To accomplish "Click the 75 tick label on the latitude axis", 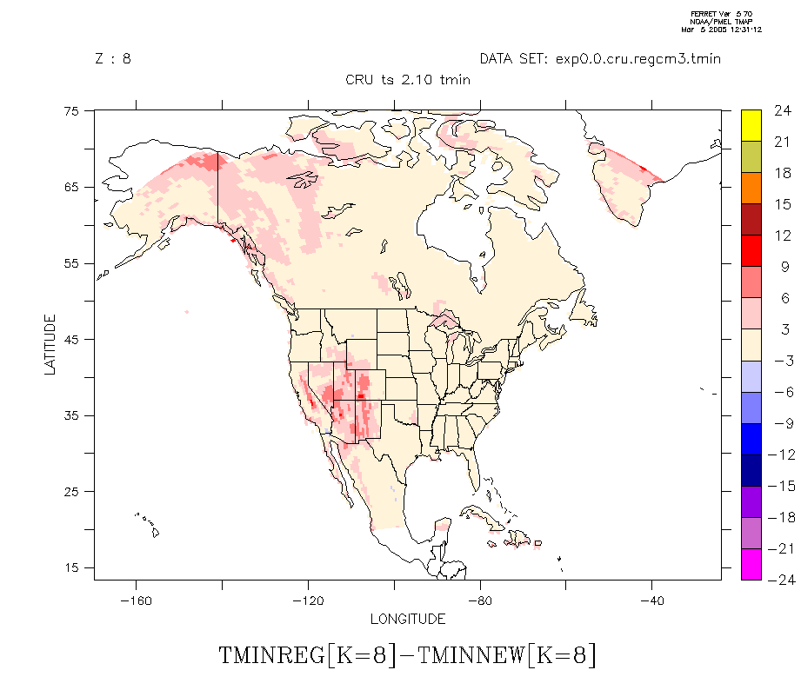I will click(x=74, y=110).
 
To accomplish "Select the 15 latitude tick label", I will click(x=74, y=567).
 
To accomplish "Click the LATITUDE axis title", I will click(x=50, y=345).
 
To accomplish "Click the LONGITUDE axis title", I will click(x=408, y=620).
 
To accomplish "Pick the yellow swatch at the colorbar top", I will click(x=751, y=125).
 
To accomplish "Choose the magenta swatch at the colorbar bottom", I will click(x=751, y=564).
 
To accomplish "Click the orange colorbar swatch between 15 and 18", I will click(x=751, y=188).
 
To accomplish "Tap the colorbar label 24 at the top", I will click(x=782, y=110).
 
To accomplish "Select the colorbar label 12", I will click(x=782, y=236).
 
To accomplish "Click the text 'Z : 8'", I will click(x=112, y=59).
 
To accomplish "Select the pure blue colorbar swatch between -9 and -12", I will click(x=751, y=439).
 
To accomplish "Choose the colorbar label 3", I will click(x=782, y=329).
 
